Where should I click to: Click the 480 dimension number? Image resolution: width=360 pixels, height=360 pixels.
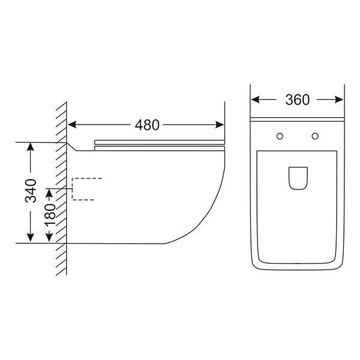click(147, 125)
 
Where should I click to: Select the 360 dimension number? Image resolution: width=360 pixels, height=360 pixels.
click(297, 100)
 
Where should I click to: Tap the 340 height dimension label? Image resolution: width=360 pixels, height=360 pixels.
click(31, 191)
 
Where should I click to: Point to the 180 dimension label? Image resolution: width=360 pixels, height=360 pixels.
click(50, 214)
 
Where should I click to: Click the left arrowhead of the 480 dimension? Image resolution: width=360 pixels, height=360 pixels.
click(72, 125)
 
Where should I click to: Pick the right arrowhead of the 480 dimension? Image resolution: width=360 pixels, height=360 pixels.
click(220, 125)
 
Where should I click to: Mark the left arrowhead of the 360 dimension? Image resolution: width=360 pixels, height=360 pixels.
click(255, 100)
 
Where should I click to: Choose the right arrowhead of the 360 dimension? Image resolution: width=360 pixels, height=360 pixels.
click(339, 100)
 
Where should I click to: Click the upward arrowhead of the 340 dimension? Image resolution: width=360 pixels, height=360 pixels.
click(31, 147)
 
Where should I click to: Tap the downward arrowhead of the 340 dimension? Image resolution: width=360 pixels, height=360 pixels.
click(31, 238)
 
